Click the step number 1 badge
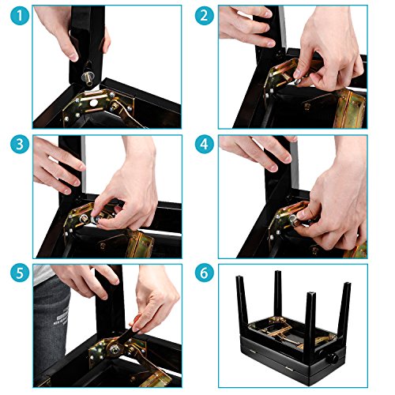20,16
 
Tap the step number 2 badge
205,16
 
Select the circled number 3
20,145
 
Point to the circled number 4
205,145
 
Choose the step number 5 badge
20,273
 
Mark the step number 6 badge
205,273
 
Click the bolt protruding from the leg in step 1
88,78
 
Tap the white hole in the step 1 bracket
93,103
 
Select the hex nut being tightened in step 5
114,349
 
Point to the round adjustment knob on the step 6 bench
333,358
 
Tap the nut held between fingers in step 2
298,81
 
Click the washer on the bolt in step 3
93,219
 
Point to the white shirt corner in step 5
43,274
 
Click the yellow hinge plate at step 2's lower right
349,108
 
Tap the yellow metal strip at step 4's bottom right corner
359,250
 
